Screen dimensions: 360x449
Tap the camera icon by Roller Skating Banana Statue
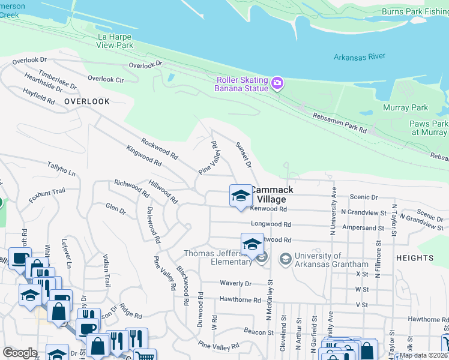[x=277, y=83]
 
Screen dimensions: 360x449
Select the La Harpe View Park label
[x=115, y=41]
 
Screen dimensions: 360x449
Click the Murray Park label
[x=406, y=108]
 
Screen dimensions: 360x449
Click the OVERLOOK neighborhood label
[x=87, y=102]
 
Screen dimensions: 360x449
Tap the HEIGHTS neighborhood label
[x=415, y=257]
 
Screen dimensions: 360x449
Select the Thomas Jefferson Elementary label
[x=217, y=257]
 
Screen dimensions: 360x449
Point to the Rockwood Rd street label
[x=159, y=149]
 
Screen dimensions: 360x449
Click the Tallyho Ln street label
[x=62, y=169]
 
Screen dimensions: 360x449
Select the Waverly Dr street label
[x=235, y=283]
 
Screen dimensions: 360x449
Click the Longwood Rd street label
[x=271, y=225]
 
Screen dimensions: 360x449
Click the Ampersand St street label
[x=362, y=228]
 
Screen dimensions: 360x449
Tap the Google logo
[x=20, y=353]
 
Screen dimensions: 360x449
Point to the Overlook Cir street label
[x=106, y=79]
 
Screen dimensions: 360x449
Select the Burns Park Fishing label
[x=415, y=11]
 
